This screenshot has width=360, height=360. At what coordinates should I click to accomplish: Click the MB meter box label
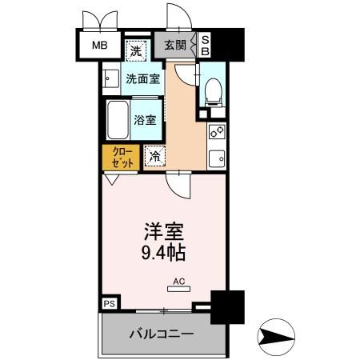(x=99, y=45)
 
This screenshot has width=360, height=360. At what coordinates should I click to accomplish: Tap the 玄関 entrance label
(x=175, y=45)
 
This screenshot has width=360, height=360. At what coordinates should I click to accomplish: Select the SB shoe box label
(x=205, y=45)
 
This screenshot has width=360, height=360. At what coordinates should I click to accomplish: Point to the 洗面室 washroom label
(x=142, y=79)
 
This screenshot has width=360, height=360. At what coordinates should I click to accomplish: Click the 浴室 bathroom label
(x=146, y=119)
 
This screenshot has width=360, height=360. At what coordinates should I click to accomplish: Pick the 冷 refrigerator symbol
(x=154, y=156)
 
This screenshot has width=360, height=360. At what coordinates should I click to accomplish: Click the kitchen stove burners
(x=216, y=133)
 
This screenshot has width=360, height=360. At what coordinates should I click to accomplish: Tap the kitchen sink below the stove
(x=216, y=156)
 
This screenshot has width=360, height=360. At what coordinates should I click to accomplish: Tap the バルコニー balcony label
(x=163, y=332)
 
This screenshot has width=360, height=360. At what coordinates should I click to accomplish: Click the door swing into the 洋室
(x=179, y=189)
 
